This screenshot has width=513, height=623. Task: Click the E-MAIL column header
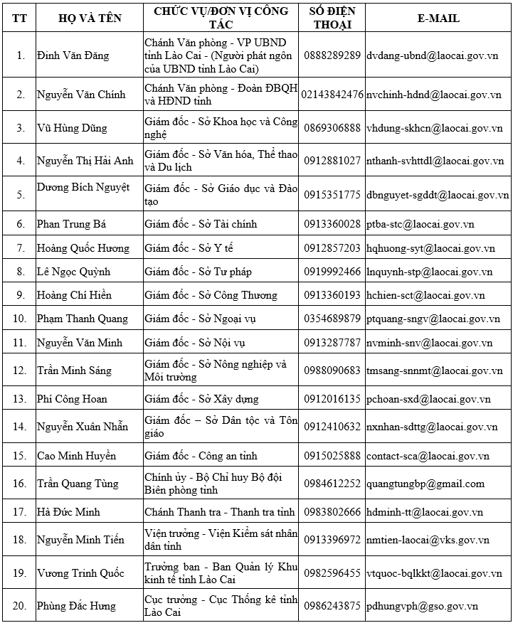click(438, 18)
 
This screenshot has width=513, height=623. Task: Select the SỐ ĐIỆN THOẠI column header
click(332, 18)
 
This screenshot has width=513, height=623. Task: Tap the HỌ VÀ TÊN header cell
click(87, 18)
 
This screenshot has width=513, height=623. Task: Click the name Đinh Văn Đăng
click(67, 55)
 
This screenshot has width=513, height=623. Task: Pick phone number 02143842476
click(332, 94)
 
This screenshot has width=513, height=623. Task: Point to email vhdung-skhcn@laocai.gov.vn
click(435, 128)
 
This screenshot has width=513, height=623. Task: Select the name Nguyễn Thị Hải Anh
click(85, 161)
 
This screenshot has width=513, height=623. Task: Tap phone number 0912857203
click(332, 248)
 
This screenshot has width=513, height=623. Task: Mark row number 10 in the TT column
click(21, 319)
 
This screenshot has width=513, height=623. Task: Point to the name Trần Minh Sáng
click(74, 371)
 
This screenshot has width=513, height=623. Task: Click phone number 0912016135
click(332, 399)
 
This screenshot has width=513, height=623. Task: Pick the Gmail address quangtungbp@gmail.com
click(425, 484)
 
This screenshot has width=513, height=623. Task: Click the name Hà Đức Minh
click(68, 512)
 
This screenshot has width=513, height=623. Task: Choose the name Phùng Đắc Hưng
click(76, 606)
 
